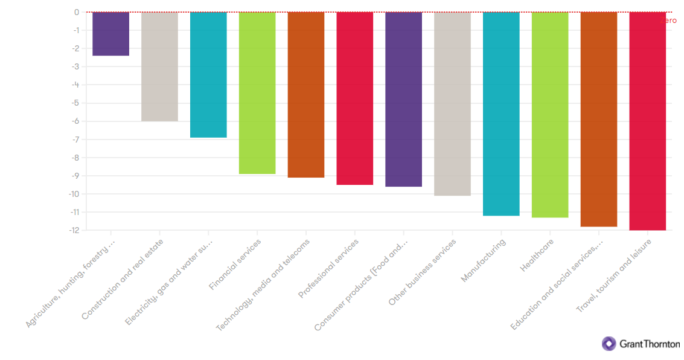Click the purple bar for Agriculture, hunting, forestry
110,34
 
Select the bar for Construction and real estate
159,66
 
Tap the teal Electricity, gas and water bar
208,75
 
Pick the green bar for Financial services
257,93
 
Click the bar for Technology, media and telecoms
305,95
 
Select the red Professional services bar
354,98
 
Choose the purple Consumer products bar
403,99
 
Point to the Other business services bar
452,104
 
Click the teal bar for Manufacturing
501,114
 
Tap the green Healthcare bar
549,115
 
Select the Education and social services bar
598,119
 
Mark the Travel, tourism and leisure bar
647,121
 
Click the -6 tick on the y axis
76,121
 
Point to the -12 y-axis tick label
74,230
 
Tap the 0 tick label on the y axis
77,12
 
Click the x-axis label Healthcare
537,256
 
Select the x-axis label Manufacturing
484,260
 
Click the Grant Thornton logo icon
609,344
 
